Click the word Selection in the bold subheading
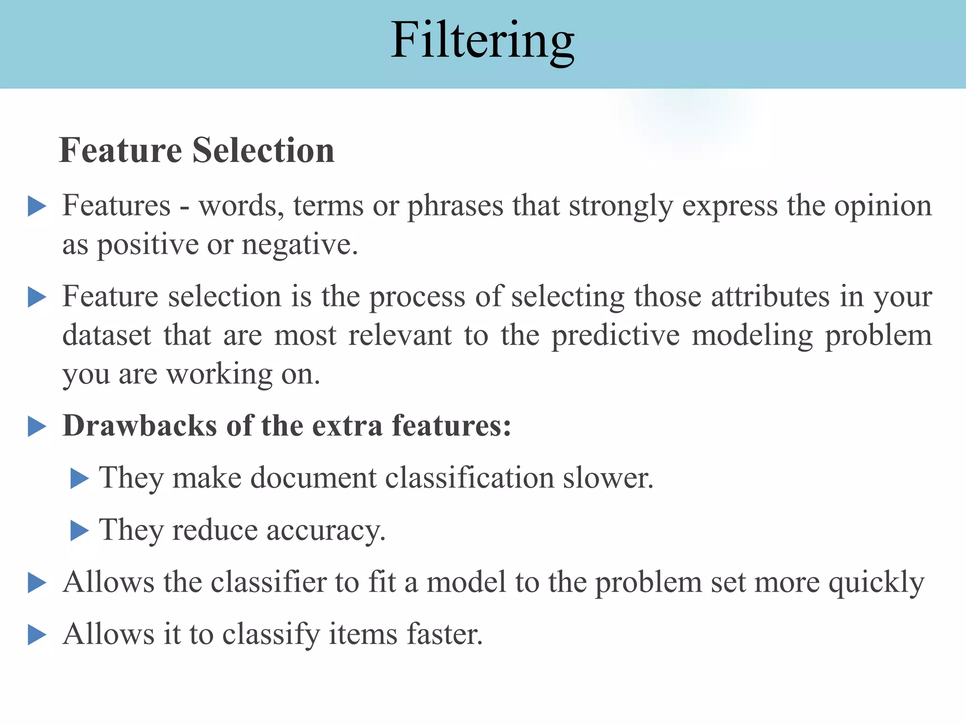(263, 151)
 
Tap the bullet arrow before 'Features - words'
(37, 207)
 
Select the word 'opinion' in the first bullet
(883, 207)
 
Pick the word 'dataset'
(107, 336)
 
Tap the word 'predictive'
(616, 336)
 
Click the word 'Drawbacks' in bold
(140, 426)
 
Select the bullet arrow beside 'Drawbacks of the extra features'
(37, 427)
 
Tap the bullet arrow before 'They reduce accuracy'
(79, 531)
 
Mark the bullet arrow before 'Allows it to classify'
(37, 635)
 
